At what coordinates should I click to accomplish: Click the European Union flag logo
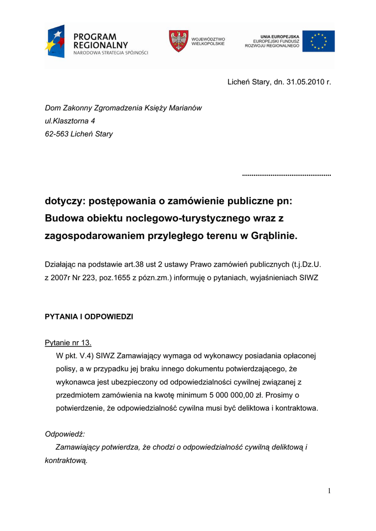pos(318,41)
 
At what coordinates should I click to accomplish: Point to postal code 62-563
pos(57,134)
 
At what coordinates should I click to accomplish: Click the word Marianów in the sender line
pos(186,108)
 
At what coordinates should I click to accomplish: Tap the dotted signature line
pos(287,175)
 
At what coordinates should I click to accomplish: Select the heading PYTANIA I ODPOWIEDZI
pos(89,316)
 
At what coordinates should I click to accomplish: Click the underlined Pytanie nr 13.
pos(68,343)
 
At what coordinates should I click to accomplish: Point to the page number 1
pos(329,491)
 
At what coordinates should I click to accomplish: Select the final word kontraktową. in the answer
pos(66,460)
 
